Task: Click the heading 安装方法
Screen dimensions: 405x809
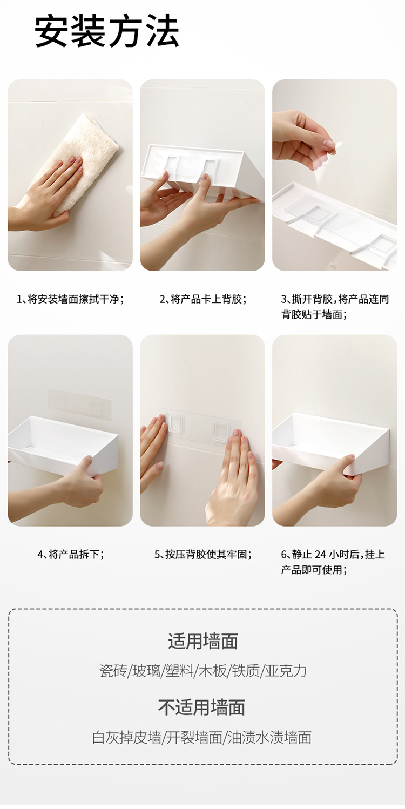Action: (107, 31)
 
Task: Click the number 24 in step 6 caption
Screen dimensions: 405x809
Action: (320, 555)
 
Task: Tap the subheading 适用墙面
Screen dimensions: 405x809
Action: (202, 642)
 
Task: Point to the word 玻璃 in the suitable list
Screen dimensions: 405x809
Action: (146, 671)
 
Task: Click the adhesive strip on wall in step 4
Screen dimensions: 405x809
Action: (79, 404)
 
